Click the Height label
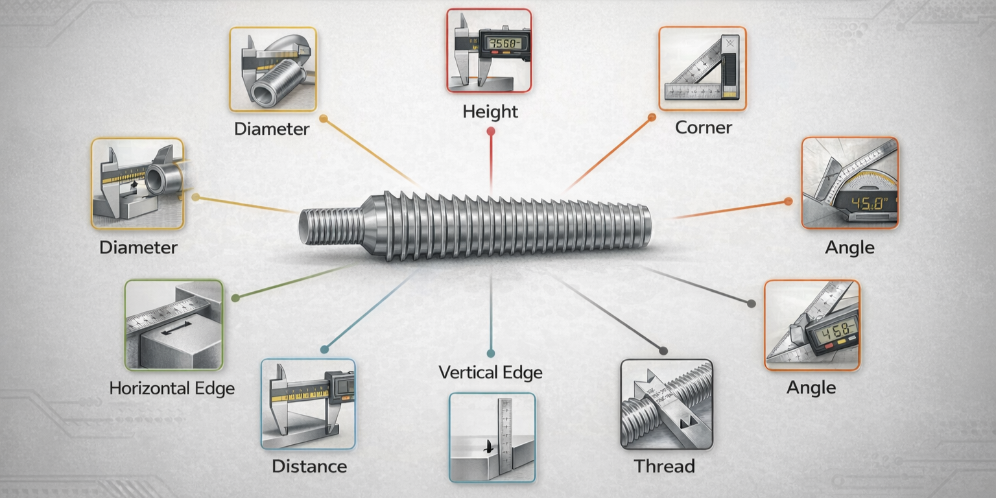click(490, 112)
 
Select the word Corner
click(703, 127)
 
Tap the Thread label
click(664, 466)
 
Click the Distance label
click(309, 466)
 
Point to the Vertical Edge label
click(490, 372)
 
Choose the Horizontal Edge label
click(172, 388)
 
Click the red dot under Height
click(491, 131)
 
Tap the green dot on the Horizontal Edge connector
click(235, 298)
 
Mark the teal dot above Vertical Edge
click(491, 353)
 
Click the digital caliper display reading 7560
click(503, 43)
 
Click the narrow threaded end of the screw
click(331, 226)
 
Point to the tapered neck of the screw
click(370, 225)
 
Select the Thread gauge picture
click(666, 405)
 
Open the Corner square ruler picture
click(702, 68)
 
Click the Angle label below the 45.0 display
click(849, 247)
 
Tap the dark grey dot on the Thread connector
click(663, 351)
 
